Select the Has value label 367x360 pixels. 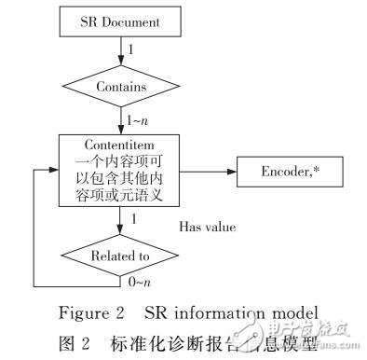[209, 227]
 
